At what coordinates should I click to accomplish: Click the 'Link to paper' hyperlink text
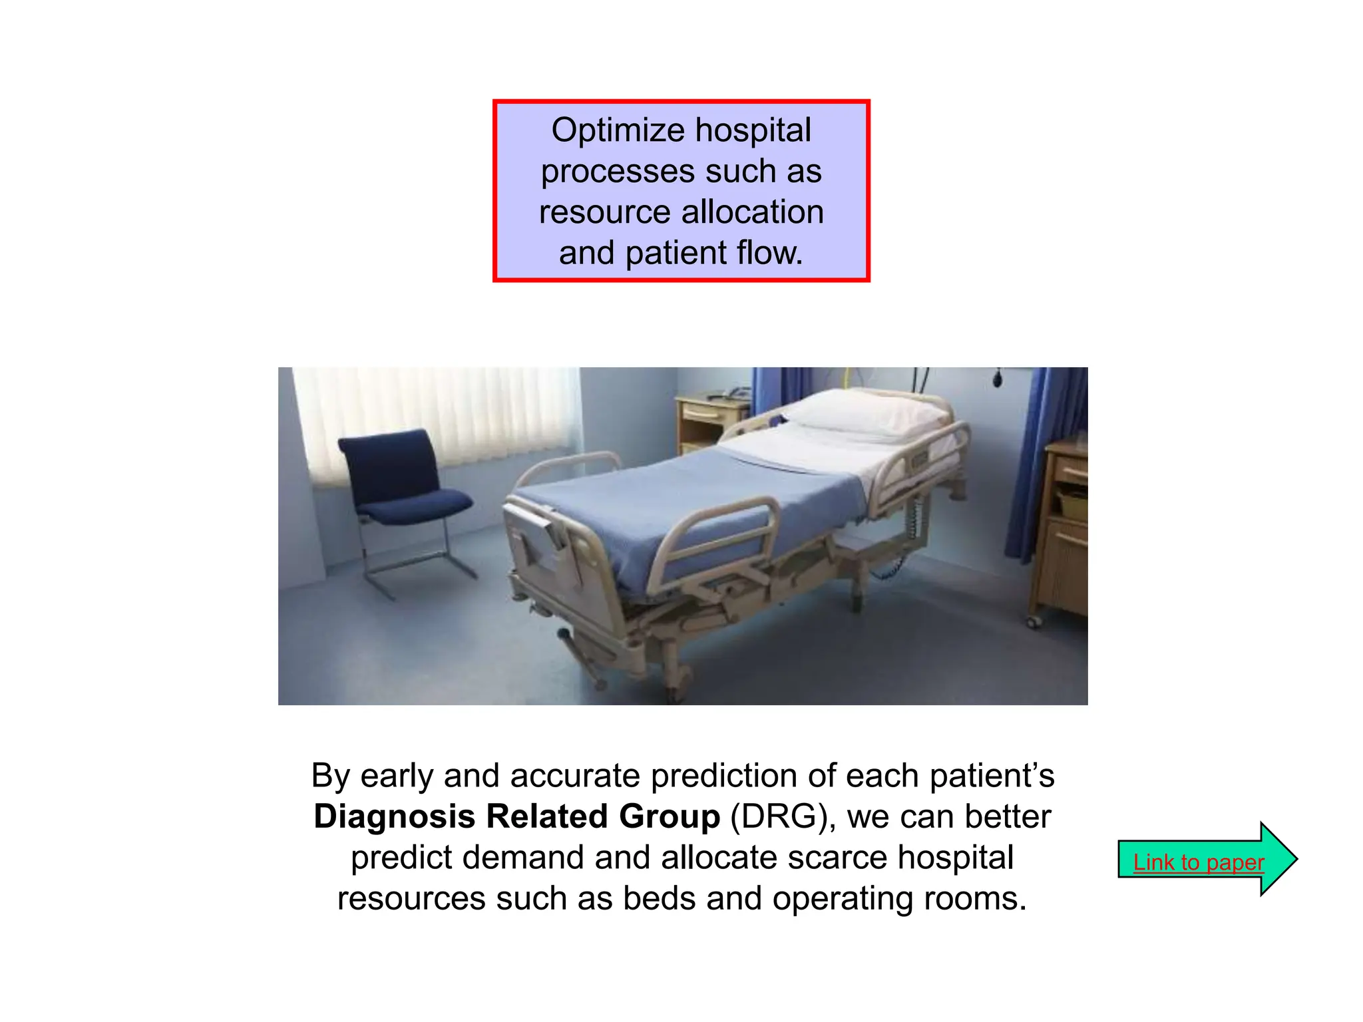[x=1198, y=862]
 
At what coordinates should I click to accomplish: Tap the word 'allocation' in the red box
[x=752, y=212]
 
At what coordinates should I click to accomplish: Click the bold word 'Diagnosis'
[x=394, y=816]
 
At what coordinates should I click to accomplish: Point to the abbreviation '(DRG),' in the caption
[x=783, y=816]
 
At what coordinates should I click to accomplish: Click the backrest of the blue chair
[x=389, y=462]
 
